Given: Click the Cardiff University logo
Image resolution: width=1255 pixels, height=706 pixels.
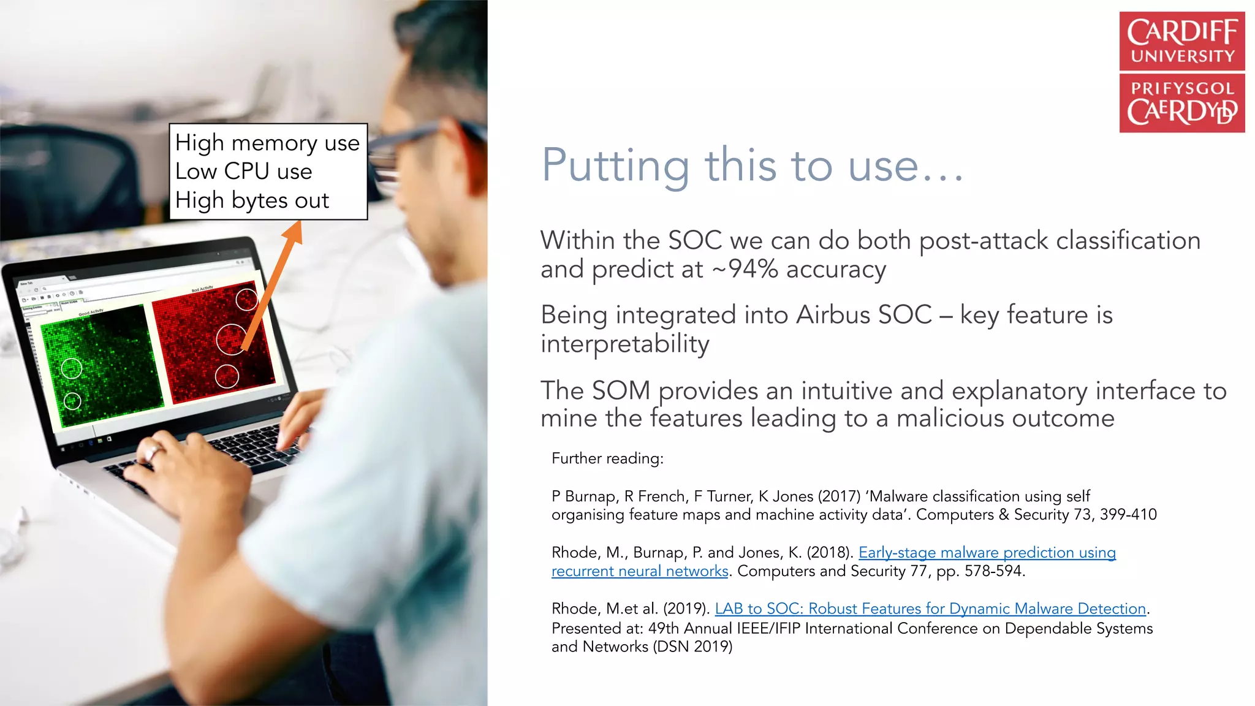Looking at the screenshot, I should (1181, 72).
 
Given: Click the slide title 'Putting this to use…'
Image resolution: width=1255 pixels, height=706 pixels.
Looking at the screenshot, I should (753, 165).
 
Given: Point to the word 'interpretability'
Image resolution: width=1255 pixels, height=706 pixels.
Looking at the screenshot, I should (624, 344).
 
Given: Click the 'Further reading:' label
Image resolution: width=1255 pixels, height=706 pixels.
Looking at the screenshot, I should (607, 458).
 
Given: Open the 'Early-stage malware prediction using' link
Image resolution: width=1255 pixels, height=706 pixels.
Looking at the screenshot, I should (987, 553).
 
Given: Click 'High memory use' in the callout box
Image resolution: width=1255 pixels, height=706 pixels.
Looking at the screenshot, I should (267, 143).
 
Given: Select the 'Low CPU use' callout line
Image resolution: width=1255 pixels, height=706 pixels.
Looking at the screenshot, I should (243, 172).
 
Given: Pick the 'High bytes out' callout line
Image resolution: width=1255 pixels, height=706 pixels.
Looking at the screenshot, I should (252, 200).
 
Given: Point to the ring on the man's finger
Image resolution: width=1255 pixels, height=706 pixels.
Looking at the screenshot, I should (152, 454).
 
